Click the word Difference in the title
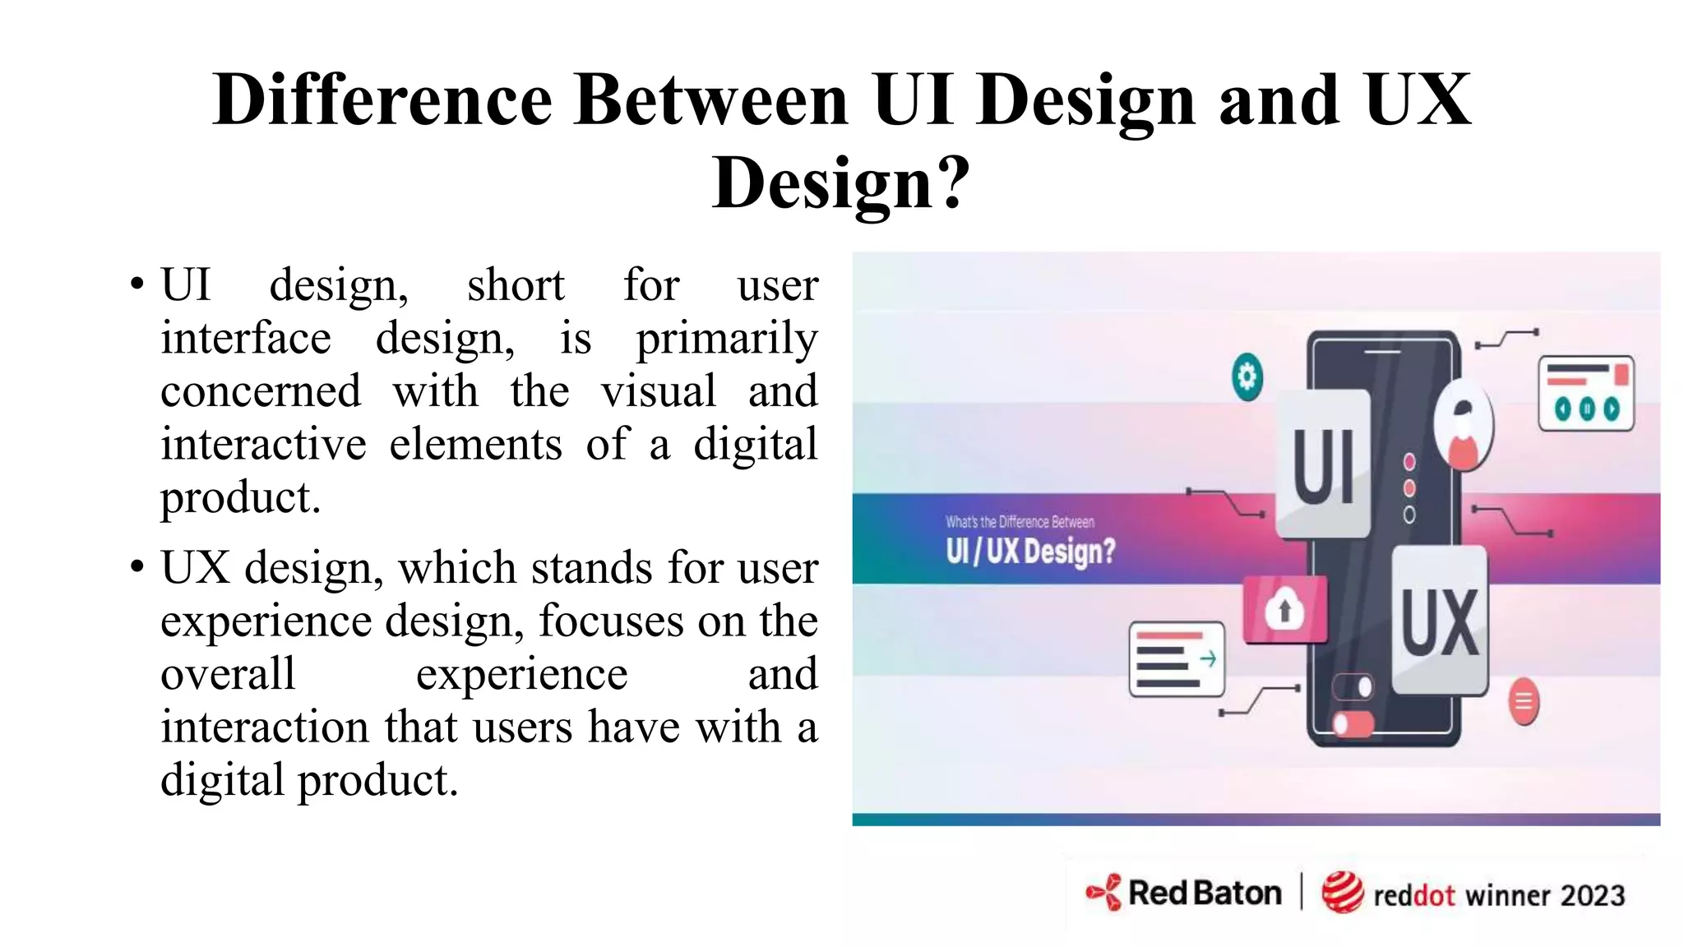(382, 99)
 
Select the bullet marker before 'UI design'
(136, 285)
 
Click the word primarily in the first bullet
(727, 339)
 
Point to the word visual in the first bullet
(658, 391)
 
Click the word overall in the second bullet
(228, 674)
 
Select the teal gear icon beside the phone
(1247, 377)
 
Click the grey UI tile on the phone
(1323, 465)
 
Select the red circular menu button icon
(1524, 702)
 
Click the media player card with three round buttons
(1586, 394)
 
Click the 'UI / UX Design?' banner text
(1030, 551)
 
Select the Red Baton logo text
(1204, 893)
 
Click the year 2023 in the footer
(1593, 895)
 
